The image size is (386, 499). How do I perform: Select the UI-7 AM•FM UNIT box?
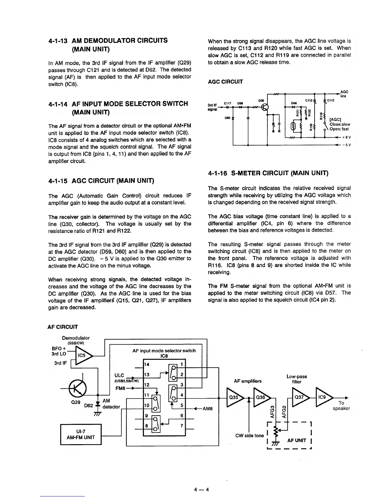(81, 434)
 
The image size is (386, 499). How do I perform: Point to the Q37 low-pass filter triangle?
(299, 398)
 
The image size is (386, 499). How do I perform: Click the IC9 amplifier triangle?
(322, 398)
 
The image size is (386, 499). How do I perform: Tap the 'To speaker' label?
(341, 406)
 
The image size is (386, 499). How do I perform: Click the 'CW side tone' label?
(249, 436)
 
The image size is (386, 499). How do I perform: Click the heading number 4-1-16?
(218, 173)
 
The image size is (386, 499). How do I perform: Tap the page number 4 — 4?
(202, 490)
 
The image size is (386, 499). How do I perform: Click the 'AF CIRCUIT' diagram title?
(63, 327)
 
